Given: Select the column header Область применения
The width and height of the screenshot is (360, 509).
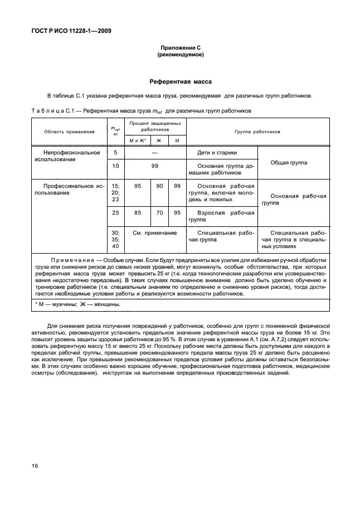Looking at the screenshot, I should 65,132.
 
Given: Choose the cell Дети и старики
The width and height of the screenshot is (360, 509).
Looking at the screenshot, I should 221,152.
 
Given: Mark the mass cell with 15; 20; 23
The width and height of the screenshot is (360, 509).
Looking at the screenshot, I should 116,192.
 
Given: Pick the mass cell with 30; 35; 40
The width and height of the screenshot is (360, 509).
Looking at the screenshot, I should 116,239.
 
